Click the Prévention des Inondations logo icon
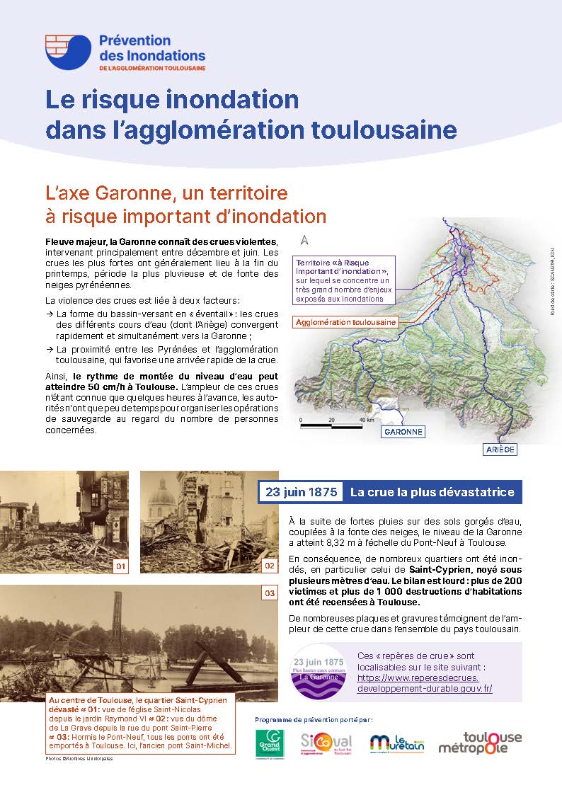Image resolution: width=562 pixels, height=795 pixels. tap(68, 52)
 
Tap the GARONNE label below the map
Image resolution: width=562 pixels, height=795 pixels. tap(403, 431)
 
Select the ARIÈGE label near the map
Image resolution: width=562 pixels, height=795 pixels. tap(500, 450)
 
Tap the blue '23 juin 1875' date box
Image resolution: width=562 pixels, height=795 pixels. tap(300, 492)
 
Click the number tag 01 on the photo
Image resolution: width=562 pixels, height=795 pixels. tap(121, 566)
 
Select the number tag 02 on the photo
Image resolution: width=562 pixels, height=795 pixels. tap(269, 566)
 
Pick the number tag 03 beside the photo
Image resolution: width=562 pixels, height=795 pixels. tap(269, 593)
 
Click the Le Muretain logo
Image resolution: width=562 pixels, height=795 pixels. tap(396, 743)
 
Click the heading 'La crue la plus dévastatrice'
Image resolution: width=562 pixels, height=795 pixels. tap(432, 492)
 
